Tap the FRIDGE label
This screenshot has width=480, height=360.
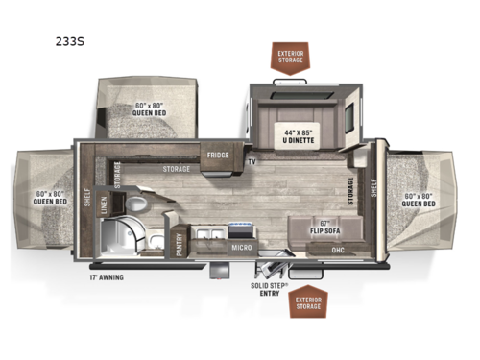click(x=212, y=152)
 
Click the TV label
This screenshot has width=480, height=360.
click(x=251, y=162)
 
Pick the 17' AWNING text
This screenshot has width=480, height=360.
click(x=107, y=278)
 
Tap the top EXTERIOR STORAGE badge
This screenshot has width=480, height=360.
click(x=291, y=55)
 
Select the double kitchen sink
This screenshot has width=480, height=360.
click(x=209, y=233)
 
